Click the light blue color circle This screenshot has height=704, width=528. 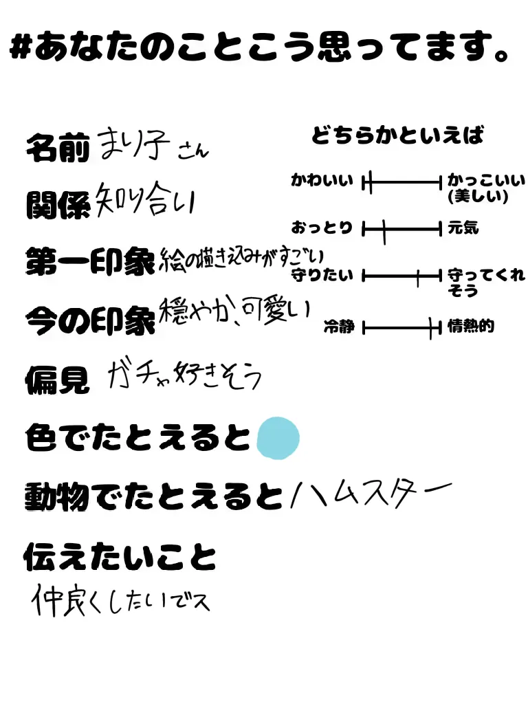click(278, 438)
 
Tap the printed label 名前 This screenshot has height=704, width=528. click(58, 147)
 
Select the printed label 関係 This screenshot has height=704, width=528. click(58, 204)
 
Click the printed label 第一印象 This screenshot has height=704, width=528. click(90, 262)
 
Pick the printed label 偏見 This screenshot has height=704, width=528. click(58, 379)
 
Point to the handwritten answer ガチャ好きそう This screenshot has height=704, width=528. click(184, 375)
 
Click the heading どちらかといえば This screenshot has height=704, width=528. click(397, 135)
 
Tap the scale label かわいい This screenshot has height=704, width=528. click(322, 181)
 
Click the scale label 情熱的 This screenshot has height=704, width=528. click(471, 327)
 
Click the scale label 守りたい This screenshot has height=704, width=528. click(322, 276)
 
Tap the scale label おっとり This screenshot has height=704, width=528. click(322, 228)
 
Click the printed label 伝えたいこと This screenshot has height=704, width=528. click(120, 557)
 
